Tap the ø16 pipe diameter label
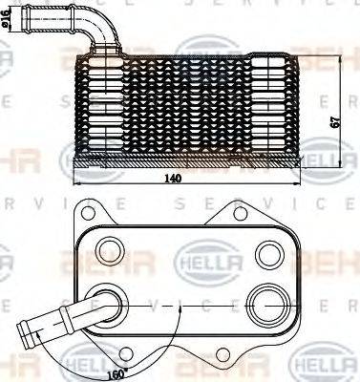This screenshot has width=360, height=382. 9,18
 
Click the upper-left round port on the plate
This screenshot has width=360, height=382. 111,251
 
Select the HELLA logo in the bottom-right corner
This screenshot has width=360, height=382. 326,367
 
